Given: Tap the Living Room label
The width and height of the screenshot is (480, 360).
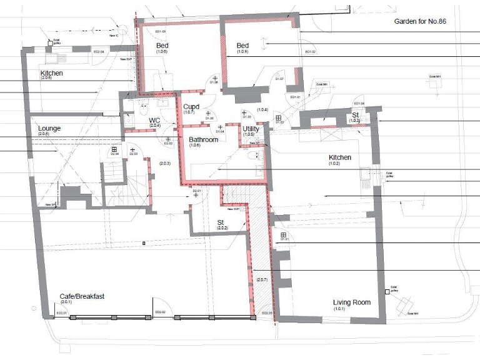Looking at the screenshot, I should (351, 302).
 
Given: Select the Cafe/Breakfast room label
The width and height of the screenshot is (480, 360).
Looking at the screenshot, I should (81, 296).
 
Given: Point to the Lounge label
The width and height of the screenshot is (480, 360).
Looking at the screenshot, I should (49, 129).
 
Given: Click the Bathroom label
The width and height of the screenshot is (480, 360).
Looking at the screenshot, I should (204, 140).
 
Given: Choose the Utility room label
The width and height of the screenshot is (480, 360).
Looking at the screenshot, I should (251, 129).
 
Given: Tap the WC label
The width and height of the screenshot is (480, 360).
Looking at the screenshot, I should (155, 120).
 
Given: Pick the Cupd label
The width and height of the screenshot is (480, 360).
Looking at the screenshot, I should (191, 107).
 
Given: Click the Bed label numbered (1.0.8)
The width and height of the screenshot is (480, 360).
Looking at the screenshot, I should (162, 46).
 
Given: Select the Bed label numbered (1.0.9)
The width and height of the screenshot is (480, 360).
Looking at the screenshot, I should (242, 46).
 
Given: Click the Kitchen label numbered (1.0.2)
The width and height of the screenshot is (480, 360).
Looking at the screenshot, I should (340, 157).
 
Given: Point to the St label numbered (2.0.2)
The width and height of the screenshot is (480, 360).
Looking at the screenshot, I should (221, 222).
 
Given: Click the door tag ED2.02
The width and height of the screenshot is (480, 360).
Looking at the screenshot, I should (159, 312).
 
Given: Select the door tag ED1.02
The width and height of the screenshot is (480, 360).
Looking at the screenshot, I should (309, 52).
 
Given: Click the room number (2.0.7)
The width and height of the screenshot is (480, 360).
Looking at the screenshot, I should (261, 280).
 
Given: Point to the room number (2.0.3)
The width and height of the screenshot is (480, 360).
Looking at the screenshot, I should (164, 163).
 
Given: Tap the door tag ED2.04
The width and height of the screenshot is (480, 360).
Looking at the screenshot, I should (98, 52).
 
